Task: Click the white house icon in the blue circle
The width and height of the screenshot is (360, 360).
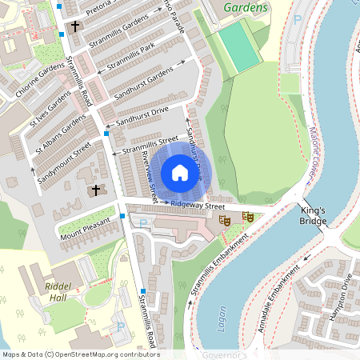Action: tap(180, 173)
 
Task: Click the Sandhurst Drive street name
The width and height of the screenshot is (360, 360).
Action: tap(142, 115)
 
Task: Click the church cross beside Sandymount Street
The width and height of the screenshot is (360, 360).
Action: tap(97, 190)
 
